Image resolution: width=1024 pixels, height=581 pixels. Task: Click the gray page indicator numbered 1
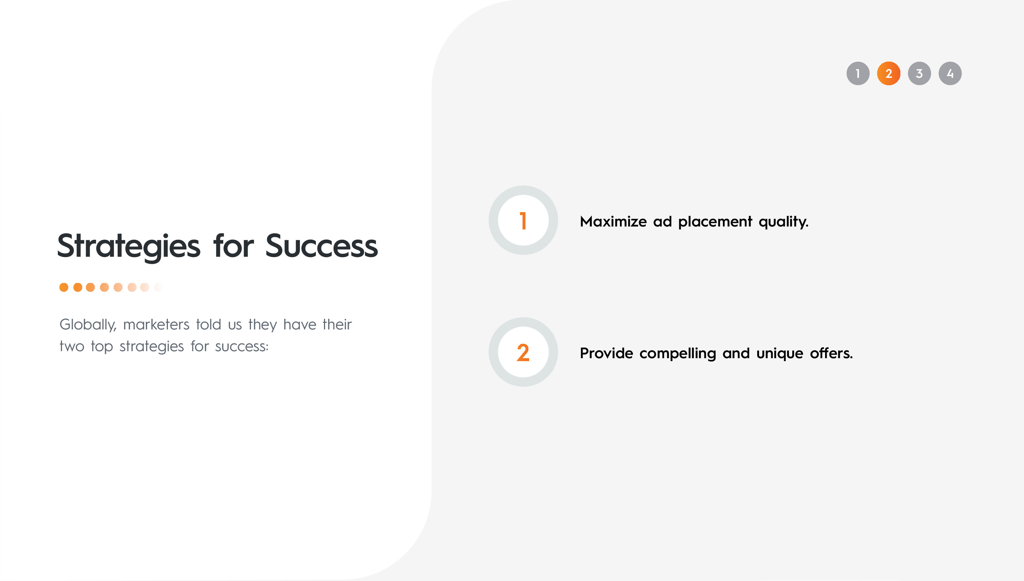[x=858, y=73]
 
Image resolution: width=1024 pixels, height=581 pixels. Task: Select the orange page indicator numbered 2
[x=888, y=73]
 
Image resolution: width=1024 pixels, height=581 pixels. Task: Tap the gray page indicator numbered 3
[x=919, y=73]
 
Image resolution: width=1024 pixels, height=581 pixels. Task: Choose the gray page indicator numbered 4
[x=950, y=73]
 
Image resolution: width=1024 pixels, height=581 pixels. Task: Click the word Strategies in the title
[x=128, y=246]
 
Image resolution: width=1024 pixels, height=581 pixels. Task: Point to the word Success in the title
[x=321, y=246]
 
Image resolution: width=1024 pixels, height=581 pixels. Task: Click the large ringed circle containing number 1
[x=523, y=220]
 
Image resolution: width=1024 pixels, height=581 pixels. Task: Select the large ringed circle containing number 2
[x=523, y=352]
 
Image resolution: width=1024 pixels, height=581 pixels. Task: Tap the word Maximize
[x=613, y=221]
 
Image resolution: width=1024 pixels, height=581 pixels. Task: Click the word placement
[x=715, y=221]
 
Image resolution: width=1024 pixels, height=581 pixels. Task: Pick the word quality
[x=783, y=222]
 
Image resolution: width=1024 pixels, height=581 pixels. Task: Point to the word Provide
[x=606, y=353]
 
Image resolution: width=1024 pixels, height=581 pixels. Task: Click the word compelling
[x=678, y=353]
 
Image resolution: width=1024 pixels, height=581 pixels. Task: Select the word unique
[x=779, y=353]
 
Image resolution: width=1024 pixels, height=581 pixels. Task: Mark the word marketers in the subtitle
[x=156, y=324]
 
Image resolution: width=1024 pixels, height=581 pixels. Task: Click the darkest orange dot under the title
[x=64, y=287]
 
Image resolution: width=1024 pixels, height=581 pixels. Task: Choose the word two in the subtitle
[x=72, y=346]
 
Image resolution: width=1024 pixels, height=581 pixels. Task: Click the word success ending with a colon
[x=241, y=346]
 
